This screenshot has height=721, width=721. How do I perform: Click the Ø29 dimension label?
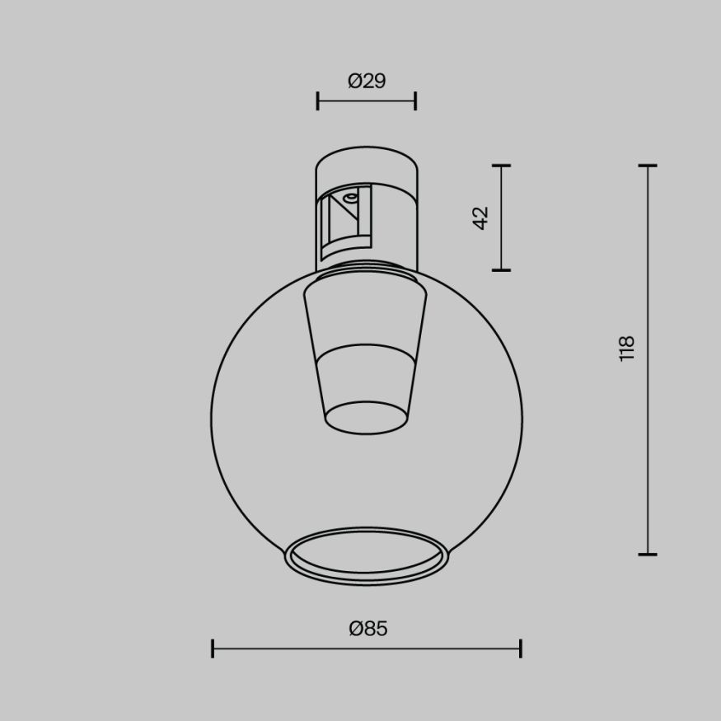pyautogui.click(x=367, y=81)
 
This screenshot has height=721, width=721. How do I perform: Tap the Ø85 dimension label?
pyautogui.click(x=368, y=629)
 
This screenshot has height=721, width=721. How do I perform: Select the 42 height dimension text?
pyautogui.click(x=481, y=217)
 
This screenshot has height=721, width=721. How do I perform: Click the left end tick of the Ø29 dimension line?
pyautogui.click(x=318, y=101)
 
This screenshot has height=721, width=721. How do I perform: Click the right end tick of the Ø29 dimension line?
pyautogui.click(x=415, y=101)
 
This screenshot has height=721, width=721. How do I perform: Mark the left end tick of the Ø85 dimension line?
pyautogui.click(x=213, y=648)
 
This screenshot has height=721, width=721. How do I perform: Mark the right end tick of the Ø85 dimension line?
pyautogui.click(x=521, y=648)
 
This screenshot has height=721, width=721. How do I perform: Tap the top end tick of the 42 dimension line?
pyautogui.click(x=501, y=166)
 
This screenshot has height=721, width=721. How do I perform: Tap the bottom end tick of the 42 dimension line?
pyautogui.click(x=501, y=269)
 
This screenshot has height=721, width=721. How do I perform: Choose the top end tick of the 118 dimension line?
pyautogui.click(x=648, y=166)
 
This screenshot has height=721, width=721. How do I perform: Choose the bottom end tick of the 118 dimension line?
pyautogui.click(x=648, y=554)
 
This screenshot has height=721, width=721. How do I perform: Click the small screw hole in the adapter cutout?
pyautogui.click(x=351, y=197)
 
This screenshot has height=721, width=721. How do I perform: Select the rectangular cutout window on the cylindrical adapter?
pyautogui.click(x=346, y=221)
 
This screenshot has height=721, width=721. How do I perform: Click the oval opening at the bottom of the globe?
pyautogui.click(x=367, y=555)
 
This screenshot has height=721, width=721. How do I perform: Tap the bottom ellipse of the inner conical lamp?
pyautogui.click(x=367, y=417)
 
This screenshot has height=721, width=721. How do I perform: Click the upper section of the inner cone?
pyautogui.click(x=367, y=317)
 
